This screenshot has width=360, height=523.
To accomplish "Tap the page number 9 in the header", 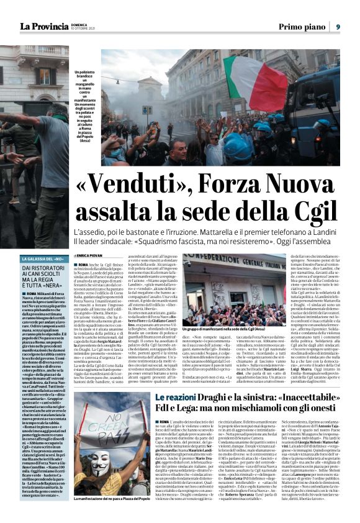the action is [338, 26].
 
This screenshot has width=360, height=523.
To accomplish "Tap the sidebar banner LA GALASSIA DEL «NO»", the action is [44, 258].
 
